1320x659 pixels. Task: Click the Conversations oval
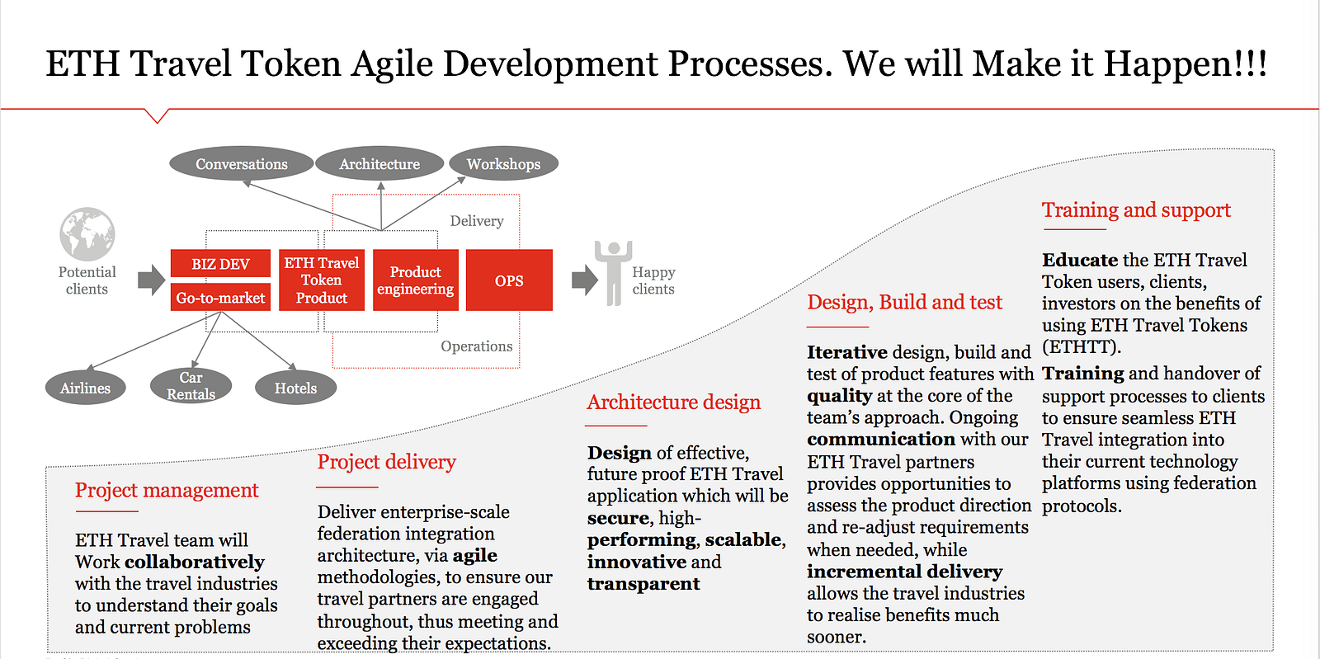(x=242, y=164)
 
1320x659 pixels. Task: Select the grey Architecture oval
(x=379, y=164)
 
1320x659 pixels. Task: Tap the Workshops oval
(x=504, y=164)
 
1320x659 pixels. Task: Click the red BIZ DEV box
(x=220, y=263)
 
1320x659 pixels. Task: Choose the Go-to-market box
(x=220, y=298)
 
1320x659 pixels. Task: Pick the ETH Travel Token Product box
(x=322, y=280)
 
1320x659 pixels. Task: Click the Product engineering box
(x=416, y=280)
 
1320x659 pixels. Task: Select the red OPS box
(x=509, y=280)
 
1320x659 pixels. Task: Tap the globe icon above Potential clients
(x=87, y=233)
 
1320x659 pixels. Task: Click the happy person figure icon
(x=614, y=273)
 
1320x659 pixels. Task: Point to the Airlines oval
(x=86, y=388)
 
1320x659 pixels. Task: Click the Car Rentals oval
(x=191, y=386)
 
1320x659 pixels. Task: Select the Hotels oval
(x=296, y=388)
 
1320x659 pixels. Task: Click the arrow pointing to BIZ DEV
(x=152, y=280)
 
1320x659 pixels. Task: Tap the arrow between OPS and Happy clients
(x=585, y=280)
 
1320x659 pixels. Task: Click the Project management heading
(x=167, y=490)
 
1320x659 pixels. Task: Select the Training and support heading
(x=1136, y=210)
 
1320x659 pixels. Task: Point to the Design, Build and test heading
(x=904, y=302)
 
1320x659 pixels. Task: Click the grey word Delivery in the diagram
(x=477, y=221)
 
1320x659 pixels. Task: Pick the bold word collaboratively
(x=195, y=562)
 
